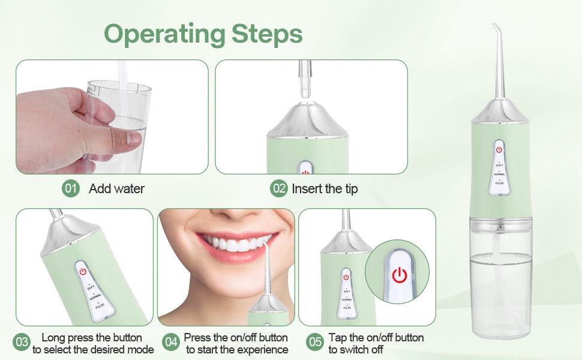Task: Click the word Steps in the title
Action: pos(267,34)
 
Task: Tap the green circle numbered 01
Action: pos(71,188)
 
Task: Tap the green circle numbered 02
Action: pos(279,188)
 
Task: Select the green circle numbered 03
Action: pos(22,343)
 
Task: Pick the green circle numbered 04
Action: pos(171,343)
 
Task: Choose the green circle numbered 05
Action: pos(315,343)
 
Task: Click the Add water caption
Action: pos(116,188)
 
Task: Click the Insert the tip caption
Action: pos(325,188)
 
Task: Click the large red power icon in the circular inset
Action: pos(399,275)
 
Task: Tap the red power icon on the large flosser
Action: pos(499,150)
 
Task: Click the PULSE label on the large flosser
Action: pos(499,186)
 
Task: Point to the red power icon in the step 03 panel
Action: pos(83,271)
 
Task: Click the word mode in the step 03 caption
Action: pos(142,349)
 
